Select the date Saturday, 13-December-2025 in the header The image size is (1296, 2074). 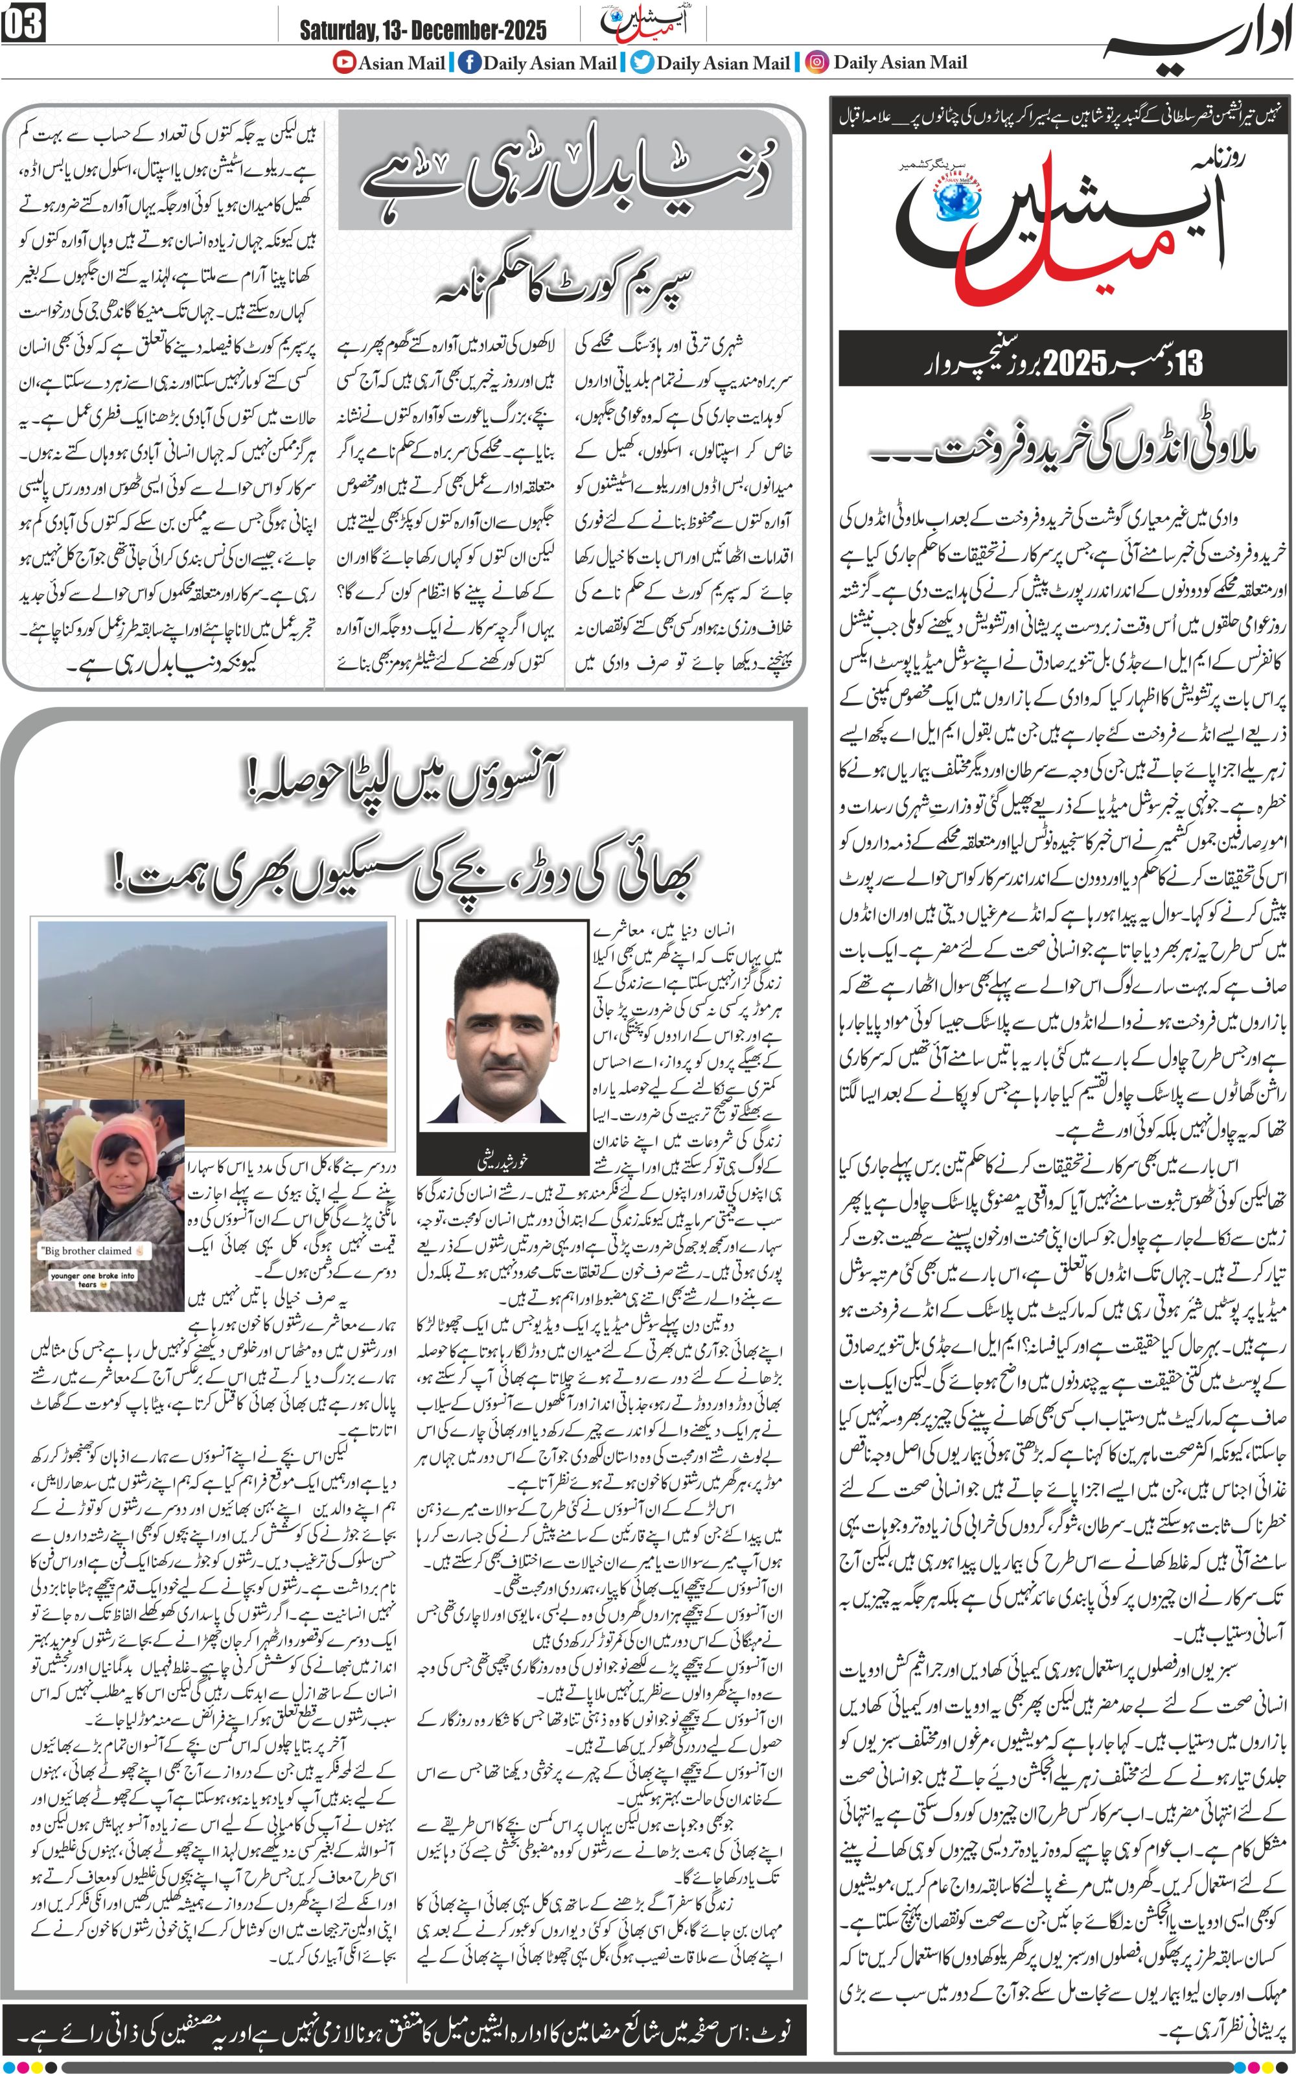click(x=422, y=31)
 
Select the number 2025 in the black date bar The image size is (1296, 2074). click(x=1075, y=363)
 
